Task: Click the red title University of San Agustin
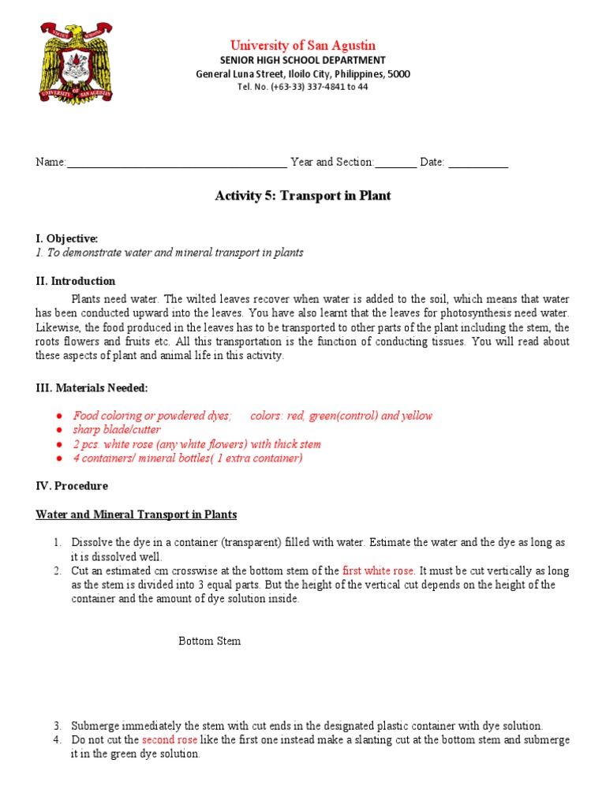pyautogui.click(x=303, y=45)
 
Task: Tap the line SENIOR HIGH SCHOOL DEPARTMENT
pyautogui.click(x=303, y=60)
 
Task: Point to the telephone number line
pyautogui.click(x=303, y=87)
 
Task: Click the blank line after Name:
pyautogui.click(x=177, y=163)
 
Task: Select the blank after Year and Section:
pyautogui.click(x=395, y=163)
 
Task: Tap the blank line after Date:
pyautogui.click(x=478, y=163)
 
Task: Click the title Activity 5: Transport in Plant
pyautogui.click(x=303, y=196)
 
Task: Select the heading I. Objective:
pyautogui.click(x=67, y=238)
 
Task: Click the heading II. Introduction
pyautogui.click(x=76, y=281)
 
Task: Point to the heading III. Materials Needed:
pyautogui.click(x=92, y=387)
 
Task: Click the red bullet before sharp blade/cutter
pyautogui.click(x=59, y=430)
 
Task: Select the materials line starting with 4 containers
pyautogui.click(x=188, y=458)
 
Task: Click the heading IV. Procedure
pyautogui.click(x=72, y=486)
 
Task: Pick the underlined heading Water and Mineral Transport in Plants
pyautogui.click(x=137, y=514)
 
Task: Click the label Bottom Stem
pyautogui.click(x=209, y=641)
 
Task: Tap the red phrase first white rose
pyautogui.click(x=378, y=570)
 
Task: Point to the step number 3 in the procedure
pyautogui.click(x=58, y=726)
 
